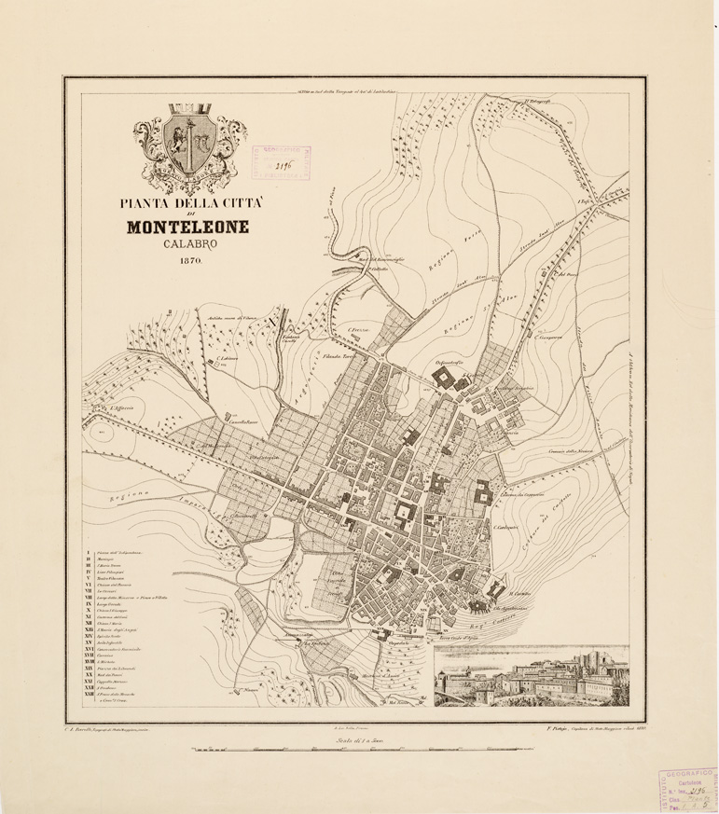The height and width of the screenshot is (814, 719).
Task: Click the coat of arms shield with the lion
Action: click(x=192, y=144)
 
